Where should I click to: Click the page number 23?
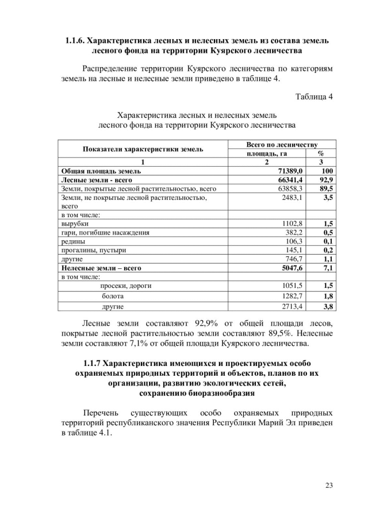[x=329, y=486]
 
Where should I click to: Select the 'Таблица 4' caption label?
[x=314, y=95]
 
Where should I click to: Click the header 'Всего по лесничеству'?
[x=282, y=144]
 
